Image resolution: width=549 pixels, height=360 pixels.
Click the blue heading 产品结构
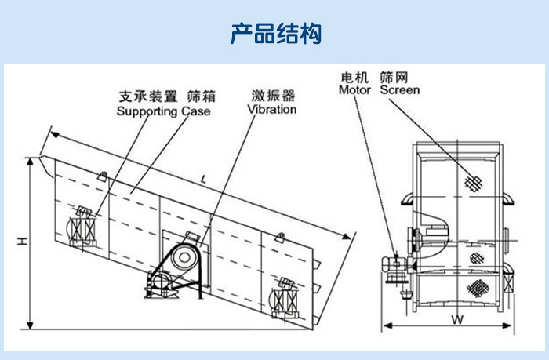(x=275, y=34)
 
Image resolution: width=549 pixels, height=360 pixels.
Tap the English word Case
(x=196, y=111)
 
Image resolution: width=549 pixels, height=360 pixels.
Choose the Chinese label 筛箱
(x=199, y=97)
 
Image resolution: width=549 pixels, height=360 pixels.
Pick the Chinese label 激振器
(x=272, y=96)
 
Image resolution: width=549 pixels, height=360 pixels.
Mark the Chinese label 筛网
(x=394, y=77)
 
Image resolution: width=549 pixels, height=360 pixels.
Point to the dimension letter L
(x=203, y=180)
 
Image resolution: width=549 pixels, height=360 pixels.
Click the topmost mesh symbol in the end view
(x=471, y=183)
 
